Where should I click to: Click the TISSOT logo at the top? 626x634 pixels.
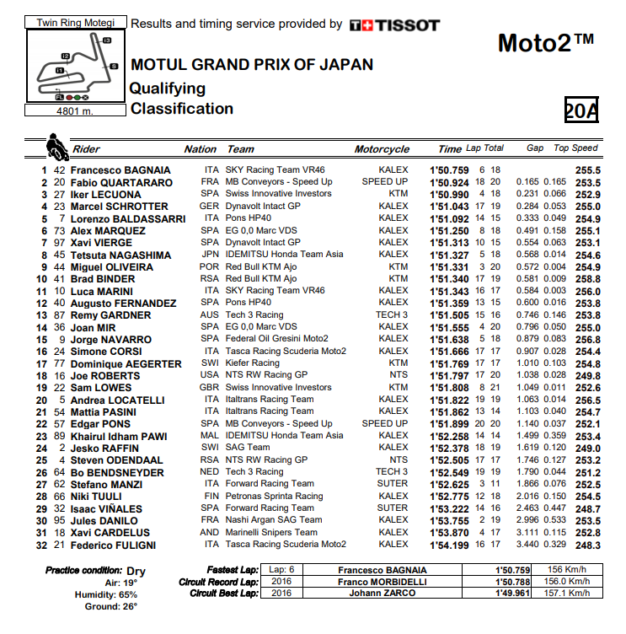point(394,25)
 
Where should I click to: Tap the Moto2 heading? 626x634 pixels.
point(545,42)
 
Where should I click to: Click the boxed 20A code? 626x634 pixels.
point(581,110)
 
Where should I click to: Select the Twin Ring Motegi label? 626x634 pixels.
point(71,23)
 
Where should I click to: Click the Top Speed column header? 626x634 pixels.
point(575,148)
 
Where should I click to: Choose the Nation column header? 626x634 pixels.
point(201,149)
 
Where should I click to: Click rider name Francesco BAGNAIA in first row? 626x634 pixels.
point(121,169)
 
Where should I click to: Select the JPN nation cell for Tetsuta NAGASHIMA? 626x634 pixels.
point(210,255)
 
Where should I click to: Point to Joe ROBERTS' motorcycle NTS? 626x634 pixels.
point(399,375)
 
